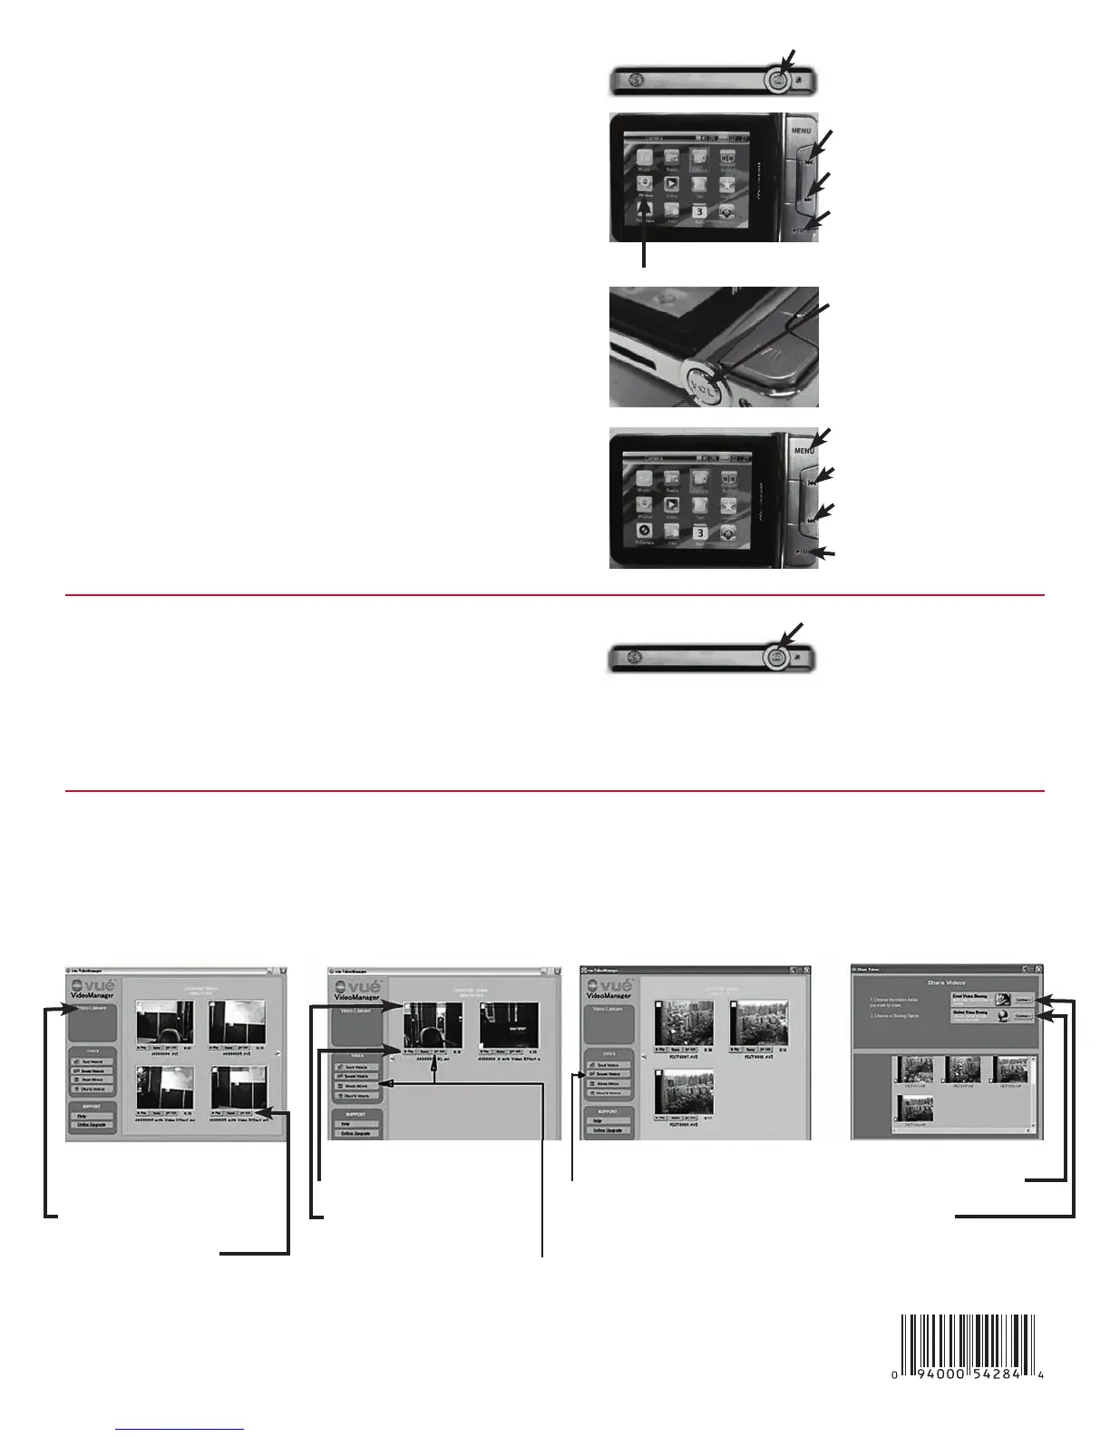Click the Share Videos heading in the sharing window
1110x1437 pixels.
coord(946,982)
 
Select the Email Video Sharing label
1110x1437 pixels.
coord(969,996)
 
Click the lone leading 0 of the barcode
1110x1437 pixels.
coord(894,1375)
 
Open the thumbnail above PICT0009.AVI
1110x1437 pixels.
coord(684,1091)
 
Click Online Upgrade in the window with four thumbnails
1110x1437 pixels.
coord(92,1125)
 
